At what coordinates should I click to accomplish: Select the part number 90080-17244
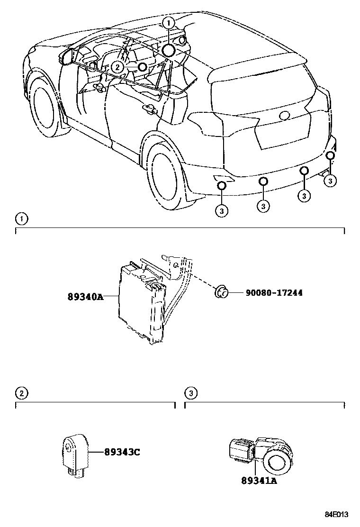click(274, 293)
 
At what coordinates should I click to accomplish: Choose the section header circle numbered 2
click(21, 393)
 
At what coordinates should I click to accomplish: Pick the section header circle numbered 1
click(21, 218)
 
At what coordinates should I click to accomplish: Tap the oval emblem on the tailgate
click(286, 115)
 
